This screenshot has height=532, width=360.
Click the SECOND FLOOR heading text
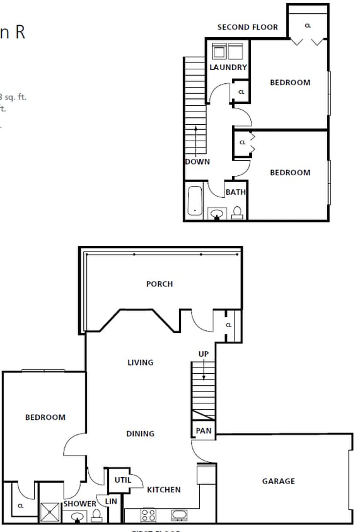click(247, 27)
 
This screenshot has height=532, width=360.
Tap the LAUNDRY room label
click(228, 67)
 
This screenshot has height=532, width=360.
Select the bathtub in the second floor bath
click(195, 201)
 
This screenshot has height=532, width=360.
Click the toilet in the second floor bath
click(238, 212)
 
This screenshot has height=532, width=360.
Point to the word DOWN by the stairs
click(197, 162)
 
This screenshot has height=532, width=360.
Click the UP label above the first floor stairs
click(204, 354)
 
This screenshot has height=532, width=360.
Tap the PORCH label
click(160, 284)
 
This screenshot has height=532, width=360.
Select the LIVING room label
click(141, 362)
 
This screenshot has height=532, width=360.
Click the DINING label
click(140, 434)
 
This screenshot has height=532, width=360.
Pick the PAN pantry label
click(203, 431)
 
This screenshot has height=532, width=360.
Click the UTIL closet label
click(122, 480)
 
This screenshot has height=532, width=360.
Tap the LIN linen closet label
click(111, 501)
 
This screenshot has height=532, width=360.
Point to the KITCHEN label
click(164, 490)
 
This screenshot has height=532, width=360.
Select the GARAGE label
click(278, 481)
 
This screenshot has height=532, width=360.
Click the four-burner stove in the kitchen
click(148, 515)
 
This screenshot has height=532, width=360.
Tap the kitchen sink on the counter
click(179, 515)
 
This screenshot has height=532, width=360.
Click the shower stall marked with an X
click(50, 512)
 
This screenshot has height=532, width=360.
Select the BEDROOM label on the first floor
click(45, 417)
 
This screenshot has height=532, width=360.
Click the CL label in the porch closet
click(228, 325)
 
